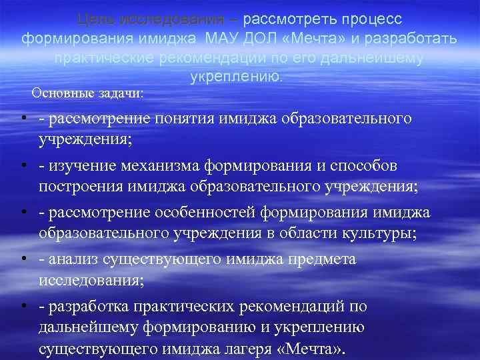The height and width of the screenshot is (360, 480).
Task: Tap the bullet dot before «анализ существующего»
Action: [x=22, y=259]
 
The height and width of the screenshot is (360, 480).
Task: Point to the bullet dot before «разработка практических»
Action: [x=22, y=306]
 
